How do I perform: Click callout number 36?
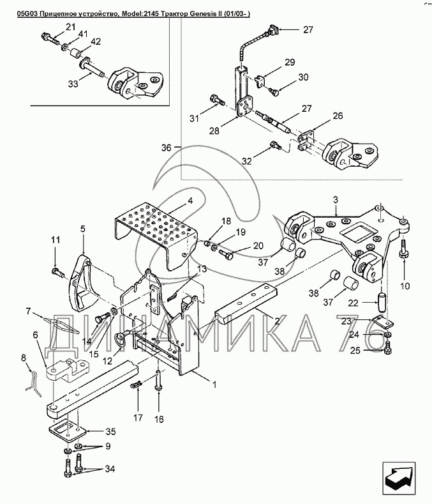(166, 148)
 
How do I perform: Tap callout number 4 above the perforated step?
(190, 200)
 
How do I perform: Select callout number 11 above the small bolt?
(55, 240)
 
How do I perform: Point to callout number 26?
(337, 116)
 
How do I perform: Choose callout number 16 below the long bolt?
(159, 419)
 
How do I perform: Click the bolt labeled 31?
(215, 101)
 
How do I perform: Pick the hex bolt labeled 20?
(228, 255)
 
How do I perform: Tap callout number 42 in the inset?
(96, 42)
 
